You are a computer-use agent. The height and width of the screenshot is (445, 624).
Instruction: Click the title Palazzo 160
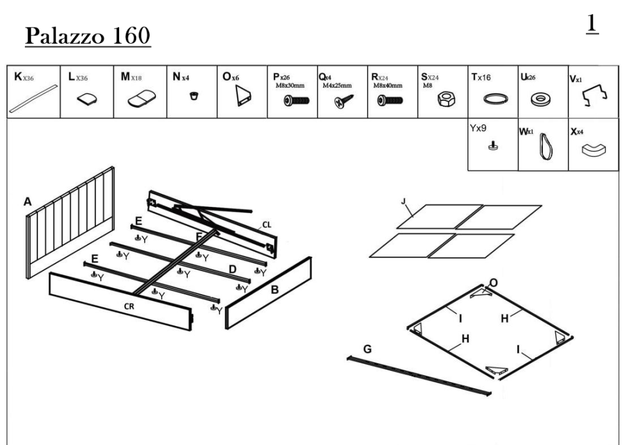pyautogui.click(x=87, y=36)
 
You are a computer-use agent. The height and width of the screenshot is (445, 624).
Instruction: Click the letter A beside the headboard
pyautogui.click(x=27, y=202)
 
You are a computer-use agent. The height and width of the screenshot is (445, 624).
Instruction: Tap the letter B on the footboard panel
pyautogui.click(x=274, y=289)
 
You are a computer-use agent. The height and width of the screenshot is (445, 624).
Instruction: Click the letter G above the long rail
pyautogui.click(x=368, y=350)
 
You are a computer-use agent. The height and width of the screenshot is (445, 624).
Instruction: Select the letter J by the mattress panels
pyautogui.click(x=404, y=201)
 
